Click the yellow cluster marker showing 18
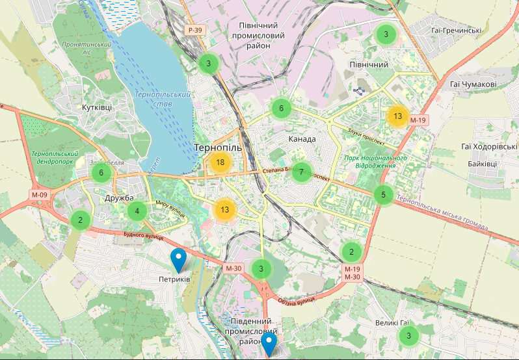tap(220, 162)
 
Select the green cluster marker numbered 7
tap(301, 172)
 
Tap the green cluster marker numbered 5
tap(384, 194)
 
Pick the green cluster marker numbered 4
tap(137, 211)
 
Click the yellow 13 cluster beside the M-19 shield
tap(397, 116)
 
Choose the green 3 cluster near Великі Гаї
tap(408, 336)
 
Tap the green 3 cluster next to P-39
tap(208, 63)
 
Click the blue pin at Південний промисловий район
tap(269, 344)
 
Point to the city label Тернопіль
tap(218, 148)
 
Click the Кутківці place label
tap(97, 107)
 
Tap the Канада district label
tap(302, 139)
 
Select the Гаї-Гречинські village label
tap(456, 31)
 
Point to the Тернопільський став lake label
tap(163, 99)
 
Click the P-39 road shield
tap(193, 30)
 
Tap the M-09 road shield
tap(39, 194)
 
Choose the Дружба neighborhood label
tap(118, 198)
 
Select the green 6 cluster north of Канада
tap(281, 109)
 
